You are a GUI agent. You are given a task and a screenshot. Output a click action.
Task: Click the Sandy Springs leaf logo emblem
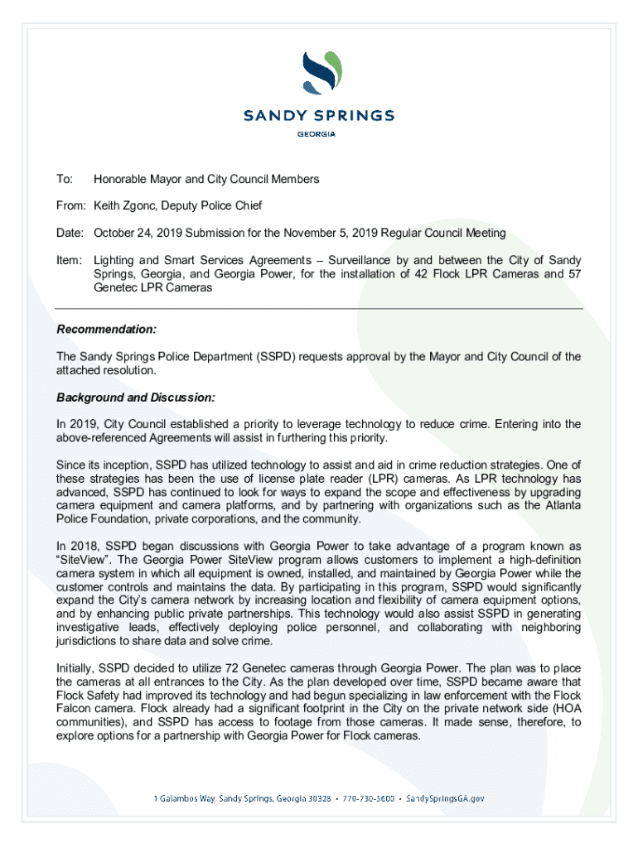tap(319, 72)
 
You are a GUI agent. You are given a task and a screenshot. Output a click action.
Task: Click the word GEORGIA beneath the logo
tap(319, 135)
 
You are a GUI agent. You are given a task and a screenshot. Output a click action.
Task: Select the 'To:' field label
tap(64, 179)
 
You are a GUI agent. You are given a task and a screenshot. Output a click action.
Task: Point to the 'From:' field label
tap(70, 206)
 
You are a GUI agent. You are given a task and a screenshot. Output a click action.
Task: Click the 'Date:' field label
tap(70, 233)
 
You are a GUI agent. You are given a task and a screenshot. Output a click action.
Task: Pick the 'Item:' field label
tap(70, 260)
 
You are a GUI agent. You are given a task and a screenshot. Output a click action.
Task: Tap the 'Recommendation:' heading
tap(106, 330)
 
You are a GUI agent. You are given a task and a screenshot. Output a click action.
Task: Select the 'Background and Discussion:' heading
tap(136, 397)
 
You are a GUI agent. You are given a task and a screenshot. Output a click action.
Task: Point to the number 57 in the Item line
tap(573, 274)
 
